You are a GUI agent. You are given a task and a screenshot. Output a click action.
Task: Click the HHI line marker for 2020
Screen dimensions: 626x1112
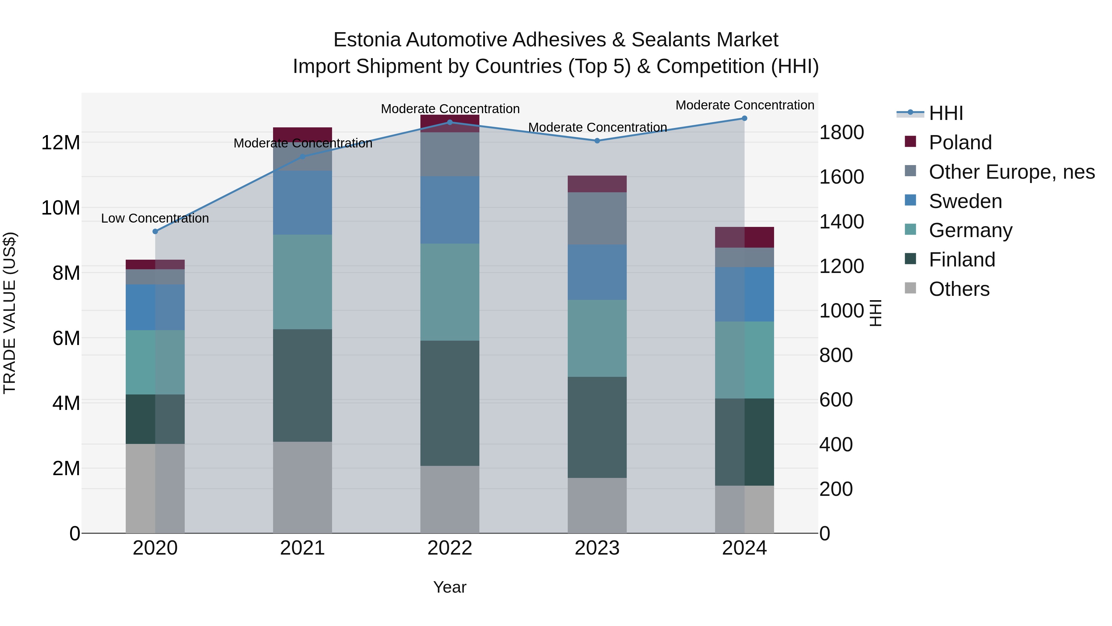click(155, 232)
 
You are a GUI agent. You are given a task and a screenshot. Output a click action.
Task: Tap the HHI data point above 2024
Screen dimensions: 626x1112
click(744, 118)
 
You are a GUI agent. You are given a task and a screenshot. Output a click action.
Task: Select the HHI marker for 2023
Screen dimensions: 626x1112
click(597, 141)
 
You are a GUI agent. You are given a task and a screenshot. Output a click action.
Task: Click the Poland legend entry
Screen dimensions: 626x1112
click(960, 143)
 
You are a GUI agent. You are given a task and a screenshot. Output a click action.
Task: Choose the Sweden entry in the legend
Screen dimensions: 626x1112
click(965, 201)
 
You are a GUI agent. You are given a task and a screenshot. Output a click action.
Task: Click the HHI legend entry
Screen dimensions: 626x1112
click(946, 113)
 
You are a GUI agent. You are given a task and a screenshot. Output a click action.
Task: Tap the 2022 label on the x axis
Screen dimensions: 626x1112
click(450, 548)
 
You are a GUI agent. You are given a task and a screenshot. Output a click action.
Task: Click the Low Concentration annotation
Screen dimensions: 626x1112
click(155, 219)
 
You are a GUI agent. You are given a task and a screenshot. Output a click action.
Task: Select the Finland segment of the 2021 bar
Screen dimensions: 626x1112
click(303, 385)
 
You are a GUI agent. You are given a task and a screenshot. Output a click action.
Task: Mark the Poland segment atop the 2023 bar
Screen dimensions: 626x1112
click(597, 184)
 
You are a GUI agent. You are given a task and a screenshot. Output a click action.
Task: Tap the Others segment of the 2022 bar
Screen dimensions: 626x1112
click(450, 500)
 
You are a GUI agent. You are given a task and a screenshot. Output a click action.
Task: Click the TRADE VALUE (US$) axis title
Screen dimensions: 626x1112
click(10, 313)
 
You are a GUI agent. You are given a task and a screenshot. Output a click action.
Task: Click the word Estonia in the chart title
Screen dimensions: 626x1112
click(367, 40)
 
